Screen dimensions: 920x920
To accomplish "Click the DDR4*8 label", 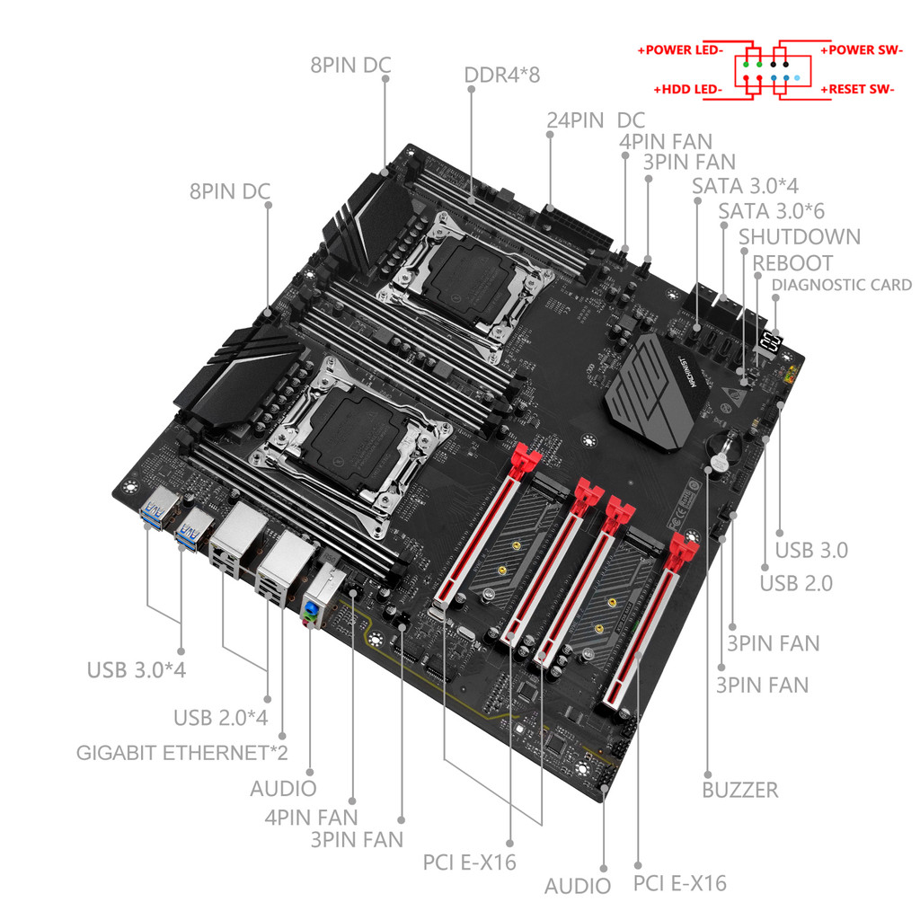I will [x=502, y=75].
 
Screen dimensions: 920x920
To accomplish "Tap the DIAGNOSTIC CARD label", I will [x=842, y=285].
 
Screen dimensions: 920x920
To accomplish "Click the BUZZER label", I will [x=739, y=790].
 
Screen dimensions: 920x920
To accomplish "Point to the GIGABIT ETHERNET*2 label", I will [x=182, y=752].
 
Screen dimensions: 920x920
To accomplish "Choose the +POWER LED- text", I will [x=680, y=50].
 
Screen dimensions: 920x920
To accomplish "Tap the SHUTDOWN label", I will [x=800, y=236].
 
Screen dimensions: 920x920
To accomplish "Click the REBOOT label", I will [x=792, y=263].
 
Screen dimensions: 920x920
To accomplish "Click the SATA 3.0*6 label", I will [x=772, y=210].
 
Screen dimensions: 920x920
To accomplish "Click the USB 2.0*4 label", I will [x=220, y=718].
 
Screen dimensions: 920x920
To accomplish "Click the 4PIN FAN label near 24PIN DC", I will [x=665, y=141].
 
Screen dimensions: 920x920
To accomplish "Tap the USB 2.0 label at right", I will [x=796, y=583].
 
